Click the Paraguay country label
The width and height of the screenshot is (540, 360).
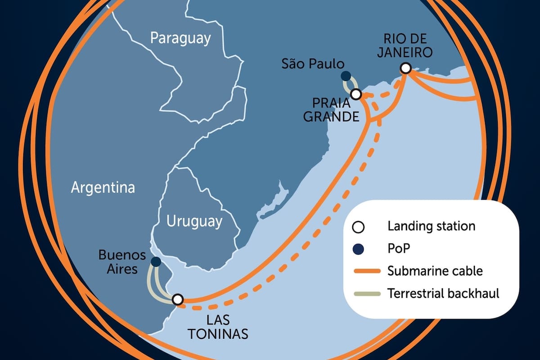pos(180,38)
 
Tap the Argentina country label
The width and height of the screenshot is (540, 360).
pos(103,187)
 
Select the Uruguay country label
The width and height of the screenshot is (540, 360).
pos(194,221)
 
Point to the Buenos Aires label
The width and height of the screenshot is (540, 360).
pos(122,263)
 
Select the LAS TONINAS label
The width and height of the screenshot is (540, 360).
pos(218,327)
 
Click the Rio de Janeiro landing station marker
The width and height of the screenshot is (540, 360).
pos(405,68)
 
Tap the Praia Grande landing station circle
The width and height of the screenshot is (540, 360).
pos(356,94)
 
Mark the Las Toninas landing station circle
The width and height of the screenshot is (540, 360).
pos(178,299)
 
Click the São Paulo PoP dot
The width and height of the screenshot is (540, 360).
pos(346,76)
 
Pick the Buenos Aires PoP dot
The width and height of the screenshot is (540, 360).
pos(156,261)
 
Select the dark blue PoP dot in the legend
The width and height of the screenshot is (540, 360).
pos(358,248)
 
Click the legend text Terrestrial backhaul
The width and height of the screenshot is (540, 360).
pos(443,294)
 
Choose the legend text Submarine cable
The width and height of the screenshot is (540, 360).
pos(435,271)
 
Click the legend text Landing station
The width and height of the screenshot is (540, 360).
pos(431,226)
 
